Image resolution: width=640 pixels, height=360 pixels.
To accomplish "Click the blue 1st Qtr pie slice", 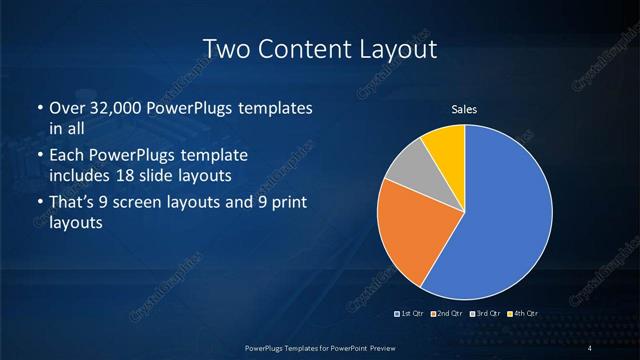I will tap(500, 220).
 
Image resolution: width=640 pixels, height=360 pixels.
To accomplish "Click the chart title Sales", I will tap(464, 108).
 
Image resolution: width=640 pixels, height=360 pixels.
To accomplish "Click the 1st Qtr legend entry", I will tap(410, 314).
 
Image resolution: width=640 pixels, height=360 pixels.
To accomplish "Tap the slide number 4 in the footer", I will tap(591, 347).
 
